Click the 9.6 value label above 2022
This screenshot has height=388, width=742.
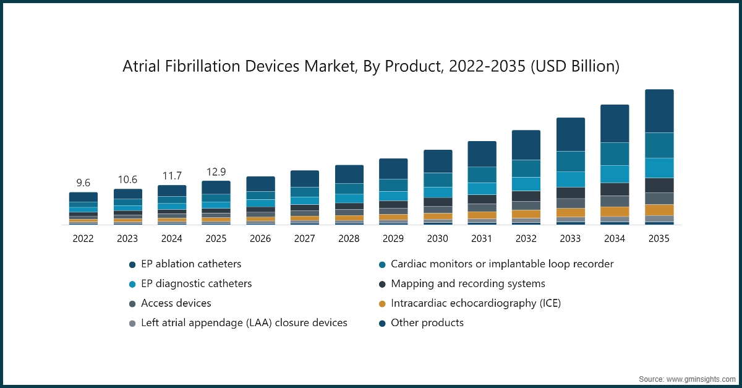[83, 183]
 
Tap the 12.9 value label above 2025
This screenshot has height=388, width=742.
[216, 171]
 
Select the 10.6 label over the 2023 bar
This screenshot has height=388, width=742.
[127, 179]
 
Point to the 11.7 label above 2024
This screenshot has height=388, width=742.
[172, 175]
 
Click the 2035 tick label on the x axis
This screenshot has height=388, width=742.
[659, 238]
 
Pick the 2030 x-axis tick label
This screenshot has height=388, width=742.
[438, 238]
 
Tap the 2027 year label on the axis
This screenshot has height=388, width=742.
[304, 238]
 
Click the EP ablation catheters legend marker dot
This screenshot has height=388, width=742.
[132, 264]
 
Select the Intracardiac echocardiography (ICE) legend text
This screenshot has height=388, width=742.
[475, 303]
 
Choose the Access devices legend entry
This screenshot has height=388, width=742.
[176, 303]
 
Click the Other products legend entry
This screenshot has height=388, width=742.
[427, 323]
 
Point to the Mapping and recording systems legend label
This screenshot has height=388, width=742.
[468, 284]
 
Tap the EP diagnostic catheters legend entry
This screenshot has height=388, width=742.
[197, 284]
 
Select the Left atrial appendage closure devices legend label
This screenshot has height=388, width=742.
[244, 323]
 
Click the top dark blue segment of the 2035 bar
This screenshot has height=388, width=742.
[659, 111]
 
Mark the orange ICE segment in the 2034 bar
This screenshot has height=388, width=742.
[615, 212]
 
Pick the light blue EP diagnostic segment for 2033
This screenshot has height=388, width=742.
[570, 179]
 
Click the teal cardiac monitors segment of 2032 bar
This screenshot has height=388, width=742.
[526, 169]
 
